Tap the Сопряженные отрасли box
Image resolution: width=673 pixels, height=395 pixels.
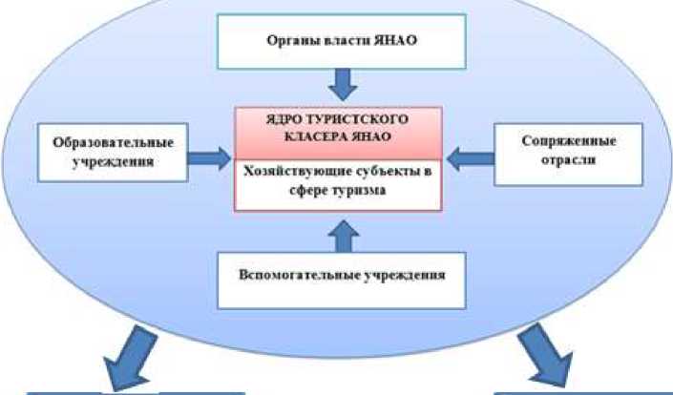click(568, 151)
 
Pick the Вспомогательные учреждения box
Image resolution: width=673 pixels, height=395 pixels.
click(341, 278)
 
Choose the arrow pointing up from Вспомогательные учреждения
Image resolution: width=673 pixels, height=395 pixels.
click(341, 231)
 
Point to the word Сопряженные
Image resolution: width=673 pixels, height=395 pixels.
click(568, 141)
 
